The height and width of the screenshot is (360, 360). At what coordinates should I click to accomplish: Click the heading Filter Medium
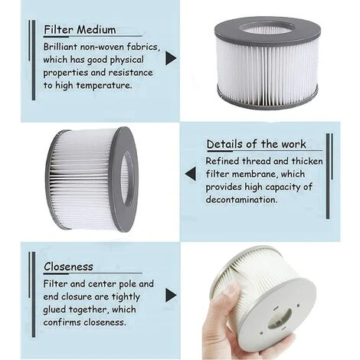[80, 30]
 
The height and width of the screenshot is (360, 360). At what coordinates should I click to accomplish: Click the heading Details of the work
[256, 144]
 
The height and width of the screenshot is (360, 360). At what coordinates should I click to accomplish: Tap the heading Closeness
[68, 267]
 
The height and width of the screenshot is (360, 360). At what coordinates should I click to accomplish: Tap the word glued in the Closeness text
[57, 309]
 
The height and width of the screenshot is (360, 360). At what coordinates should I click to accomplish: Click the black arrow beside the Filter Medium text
[171, 58]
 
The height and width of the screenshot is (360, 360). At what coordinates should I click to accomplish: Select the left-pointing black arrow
[190, 174]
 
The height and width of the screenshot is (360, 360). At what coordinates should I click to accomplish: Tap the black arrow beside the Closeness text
[171, 295]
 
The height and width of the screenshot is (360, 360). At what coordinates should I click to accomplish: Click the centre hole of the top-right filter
[267, 28]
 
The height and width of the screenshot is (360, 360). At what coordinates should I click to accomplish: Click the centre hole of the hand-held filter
[280, 318]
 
